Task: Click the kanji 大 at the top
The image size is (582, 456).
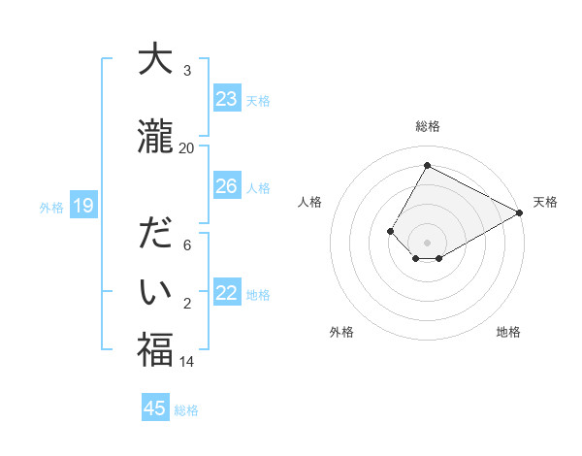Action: click(155, 60)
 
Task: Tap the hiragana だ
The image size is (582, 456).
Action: click(155, 236)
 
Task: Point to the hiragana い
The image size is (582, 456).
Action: click(155, 291)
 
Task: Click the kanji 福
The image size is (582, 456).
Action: click(155, 349)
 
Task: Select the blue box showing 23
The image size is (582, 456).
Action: click(227, 99)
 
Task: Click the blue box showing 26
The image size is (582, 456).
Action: click(227, 186)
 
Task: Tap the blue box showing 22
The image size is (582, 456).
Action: click(227, 294)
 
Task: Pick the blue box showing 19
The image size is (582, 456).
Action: click(83, 206)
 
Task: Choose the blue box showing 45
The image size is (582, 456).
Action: click(155, 408)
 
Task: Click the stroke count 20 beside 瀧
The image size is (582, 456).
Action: click(186, 147)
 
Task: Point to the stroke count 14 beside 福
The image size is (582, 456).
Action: click(187, 362)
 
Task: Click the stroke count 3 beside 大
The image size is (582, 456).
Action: click(187, 71)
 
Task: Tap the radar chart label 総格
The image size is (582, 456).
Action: click(427, 127)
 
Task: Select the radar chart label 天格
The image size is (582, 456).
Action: click(545, 202)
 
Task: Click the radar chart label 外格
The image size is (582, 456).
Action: click(341, 332)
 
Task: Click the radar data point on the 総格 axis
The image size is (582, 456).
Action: click(427, 166)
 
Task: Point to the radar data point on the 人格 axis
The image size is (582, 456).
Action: click(390, 231)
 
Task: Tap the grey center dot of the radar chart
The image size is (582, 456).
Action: click(427, 242)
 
